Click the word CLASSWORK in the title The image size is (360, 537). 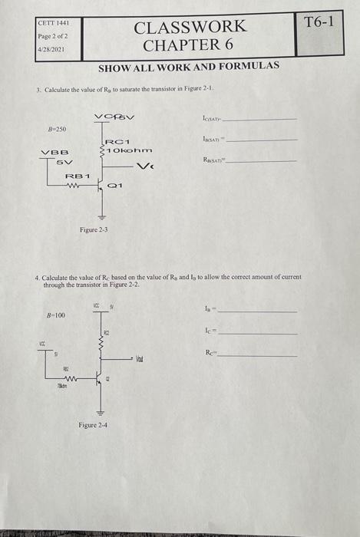coord(190,27)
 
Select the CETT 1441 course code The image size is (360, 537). coord(52,25)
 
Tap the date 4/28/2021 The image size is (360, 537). coord(49,49)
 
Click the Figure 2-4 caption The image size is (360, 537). coord(95,423)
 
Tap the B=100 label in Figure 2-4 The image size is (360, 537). coord(54,315)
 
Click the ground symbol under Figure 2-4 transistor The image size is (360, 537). coord(98,410)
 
